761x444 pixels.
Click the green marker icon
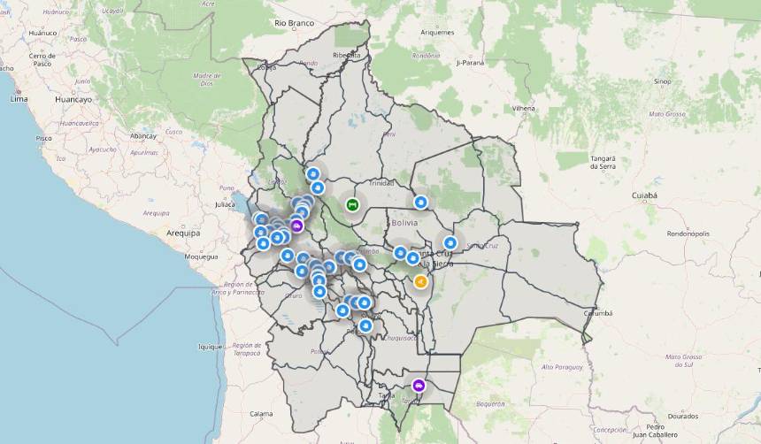click(x=352, y=205)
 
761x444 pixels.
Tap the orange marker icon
click(x=420, y=282)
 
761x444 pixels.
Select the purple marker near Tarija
click(x=419, y=386)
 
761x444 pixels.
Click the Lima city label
click(x=19, y=99)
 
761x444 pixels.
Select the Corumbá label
click(x=598, y=313)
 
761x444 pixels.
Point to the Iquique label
click(x=210, y=347)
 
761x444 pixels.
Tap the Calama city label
click(x=261, y=413)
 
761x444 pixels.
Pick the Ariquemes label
click(x=437, y=33)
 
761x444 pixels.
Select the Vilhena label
click(x=524, y=108)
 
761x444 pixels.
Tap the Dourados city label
click(x=683, y=415)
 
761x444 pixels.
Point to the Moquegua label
click(x=200, y=256)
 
